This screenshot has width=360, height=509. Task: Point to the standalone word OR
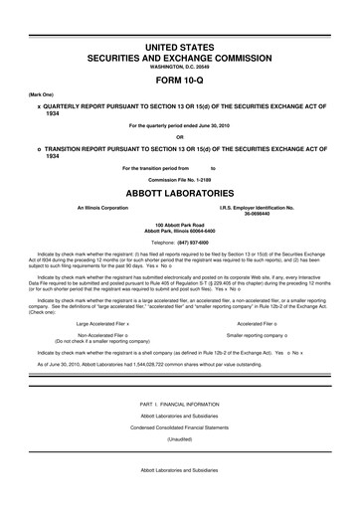180,137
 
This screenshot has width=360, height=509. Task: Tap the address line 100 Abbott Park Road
180,228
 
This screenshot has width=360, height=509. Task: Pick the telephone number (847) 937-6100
197,243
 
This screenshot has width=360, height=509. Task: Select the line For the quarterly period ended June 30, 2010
180,125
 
